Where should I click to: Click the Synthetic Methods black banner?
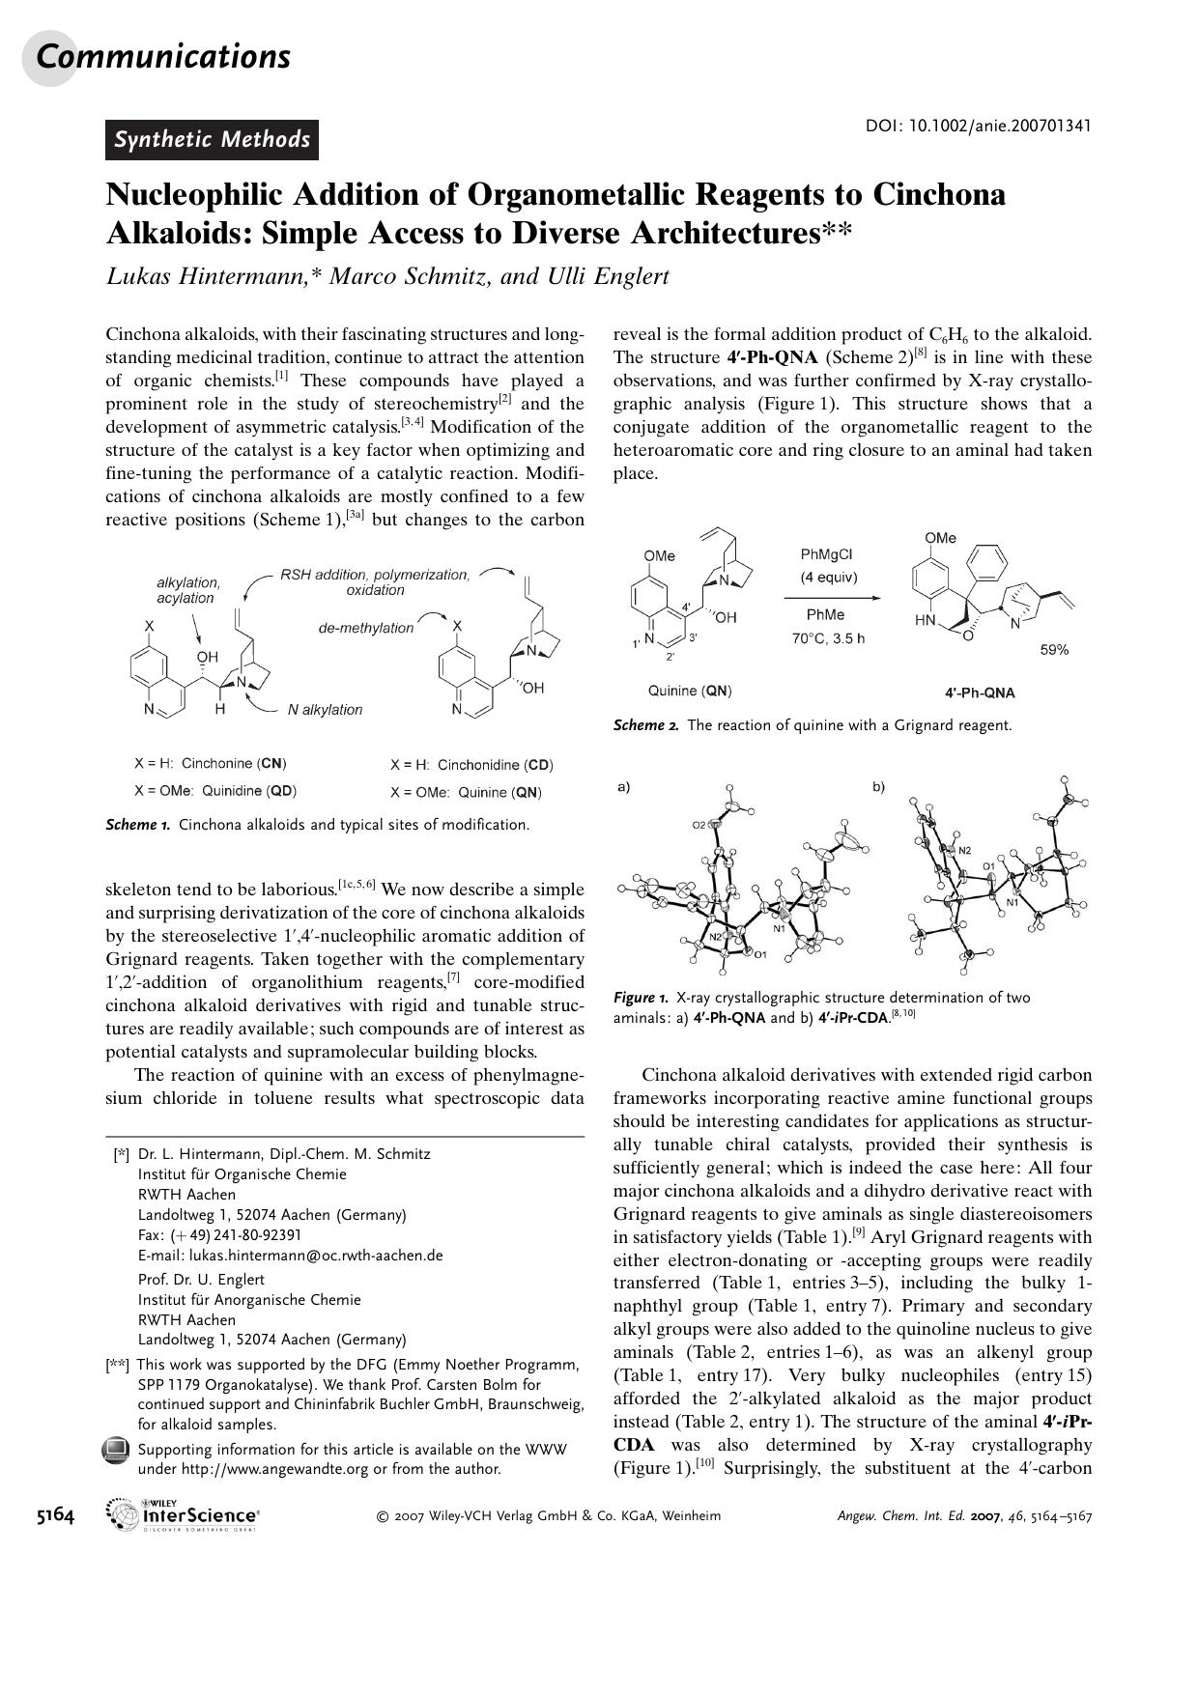tap(212, 140)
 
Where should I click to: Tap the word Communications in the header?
tap(162, 57)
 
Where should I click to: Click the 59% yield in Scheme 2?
tap(1054, 650)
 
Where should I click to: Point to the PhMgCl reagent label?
tap(826, 554)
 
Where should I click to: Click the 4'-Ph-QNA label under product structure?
tap(980, 692)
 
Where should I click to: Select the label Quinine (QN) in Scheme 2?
tap(690, 691)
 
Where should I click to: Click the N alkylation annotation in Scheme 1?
tap(325, 710)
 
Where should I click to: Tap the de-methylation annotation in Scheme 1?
tap(366, 628)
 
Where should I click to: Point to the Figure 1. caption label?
tap(641, 998)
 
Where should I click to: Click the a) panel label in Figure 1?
tap(623, 786)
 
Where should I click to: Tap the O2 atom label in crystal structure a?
tap(699, 825)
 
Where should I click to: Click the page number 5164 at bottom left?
tap(55, 1515)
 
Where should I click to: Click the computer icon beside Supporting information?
tap(116, 1450)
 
